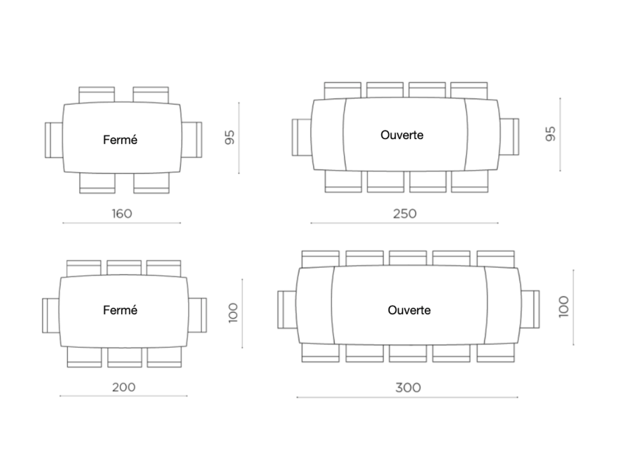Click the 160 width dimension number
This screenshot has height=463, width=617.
(122, 213)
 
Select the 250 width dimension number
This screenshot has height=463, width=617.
(405, 213)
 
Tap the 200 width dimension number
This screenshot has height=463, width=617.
(124, 387)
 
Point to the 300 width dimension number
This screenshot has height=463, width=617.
(408, 388)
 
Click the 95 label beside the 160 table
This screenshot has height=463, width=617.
(230, 137)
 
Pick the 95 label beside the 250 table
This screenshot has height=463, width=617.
(550, 134)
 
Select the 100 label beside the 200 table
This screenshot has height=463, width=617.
(233, 314)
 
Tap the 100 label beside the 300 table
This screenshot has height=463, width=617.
(564, 307)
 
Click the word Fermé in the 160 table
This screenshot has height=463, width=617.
(120, 140)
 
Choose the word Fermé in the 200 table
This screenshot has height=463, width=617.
(120, 310)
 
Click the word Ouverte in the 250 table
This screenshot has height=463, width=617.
(402, 135)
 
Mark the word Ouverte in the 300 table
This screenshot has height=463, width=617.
(409, 310)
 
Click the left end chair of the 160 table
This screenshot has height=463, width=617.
(53, 140)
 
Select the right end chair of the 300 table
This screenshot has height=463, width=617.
(531, 309)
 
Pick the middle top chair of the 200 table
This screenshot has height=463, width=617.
(124, 267)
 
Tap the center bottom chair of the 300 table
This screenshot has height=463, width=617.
(408, 354)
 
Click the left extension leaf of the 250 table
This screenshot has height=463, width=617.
(328, 135)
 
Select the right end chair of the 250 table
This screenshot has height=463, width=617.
(510, 137)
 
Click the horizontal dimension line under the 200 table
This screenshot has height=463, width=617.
(124, 396)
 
